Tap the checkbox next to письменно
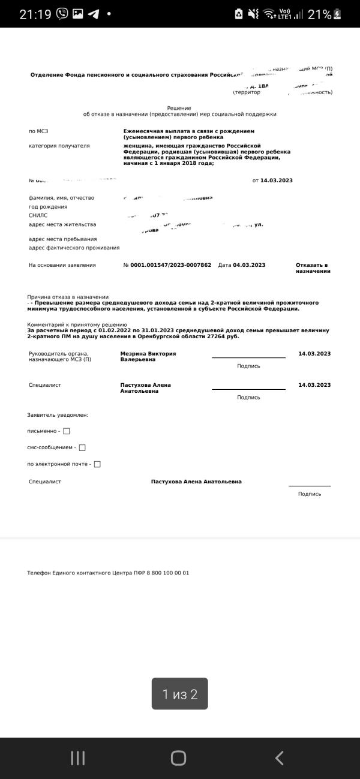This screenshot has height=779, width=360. [67, 431]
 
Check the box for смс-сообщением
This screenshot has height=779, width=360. [82, 447]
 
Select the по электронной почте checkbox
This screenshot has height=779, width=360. [97, 464]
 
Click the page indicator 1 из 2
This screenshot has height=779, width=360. [179, 694]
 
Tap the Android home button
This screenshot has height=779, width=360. [178, 758]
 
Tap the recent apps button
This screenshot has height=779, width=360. [78, 758]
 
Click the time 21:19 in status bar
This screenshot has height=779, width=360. [35, 14]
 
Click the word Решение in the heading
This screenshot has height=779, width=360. [179, 108]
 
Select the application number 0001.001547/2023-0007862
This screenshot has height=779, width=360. [170, 265]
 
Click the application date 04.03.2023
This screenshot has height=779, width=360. [249, 265]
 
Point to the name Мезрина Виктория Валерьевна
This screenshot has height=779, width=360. [148, 357]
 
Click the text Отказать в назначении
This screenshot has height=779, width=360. [313, 268]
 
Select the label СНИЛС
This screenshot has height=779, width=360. [38, 215]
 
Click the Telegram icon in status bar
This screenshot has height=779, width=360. [94, 14]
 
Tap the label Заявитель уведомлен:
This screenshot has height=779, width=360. [58, 415]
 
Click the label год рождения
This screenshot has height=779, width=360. [48, 206]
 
